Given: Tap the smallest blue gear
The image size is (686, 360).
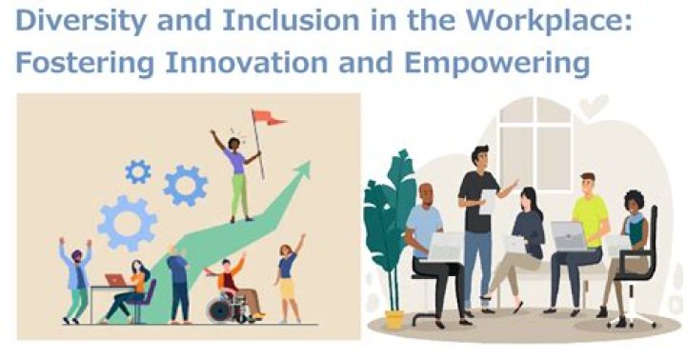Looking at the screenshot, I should (138, 171).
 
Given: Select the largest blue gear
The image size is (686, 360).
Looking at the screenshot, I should (128, 223).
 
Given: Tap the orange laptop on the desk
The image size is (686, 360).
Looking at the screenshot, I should (115, 280).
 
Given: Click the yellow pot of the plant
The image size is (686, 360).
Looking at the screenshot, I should (393, 318).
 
